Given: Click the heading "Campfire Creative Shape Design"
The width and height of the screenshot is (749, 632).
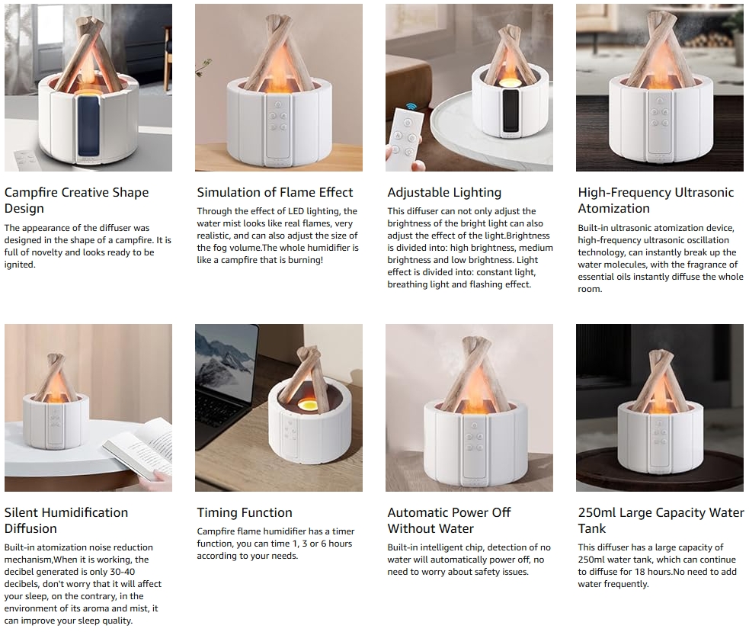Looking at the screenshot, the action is (76, 201).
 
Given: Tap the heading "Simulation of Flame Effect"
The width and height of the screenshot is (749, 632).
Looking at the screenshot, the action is (274, 192).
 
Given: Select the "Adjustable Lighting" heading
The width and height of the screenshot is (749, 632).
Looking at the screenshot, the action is (444, 193).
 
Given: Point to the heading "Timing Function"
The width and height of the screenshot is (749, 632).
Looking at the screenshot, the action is (245, 512).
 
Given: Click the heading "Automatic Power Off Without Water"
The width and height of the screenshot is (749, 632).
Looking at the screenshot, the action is (449, 521).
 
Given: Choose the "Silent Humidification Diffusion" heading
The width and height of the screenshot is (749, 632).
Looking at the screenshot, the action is (66, 521).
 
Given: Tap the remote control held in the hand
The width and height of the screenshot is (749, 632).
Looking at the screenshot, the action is (404, 139).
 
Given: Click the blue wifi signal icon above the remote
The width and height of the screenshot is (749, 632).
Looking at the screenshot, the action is (411, 106).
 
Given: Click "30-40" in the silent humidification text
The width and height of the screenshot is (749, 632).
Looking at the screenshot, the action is (121, 572).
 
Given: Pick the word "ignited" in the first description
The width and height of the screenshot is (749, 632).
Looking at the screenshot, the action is (21, 265).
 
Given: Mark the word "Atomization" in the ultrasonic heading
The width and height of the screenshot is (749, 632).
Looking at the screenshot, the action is (614, 208).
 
